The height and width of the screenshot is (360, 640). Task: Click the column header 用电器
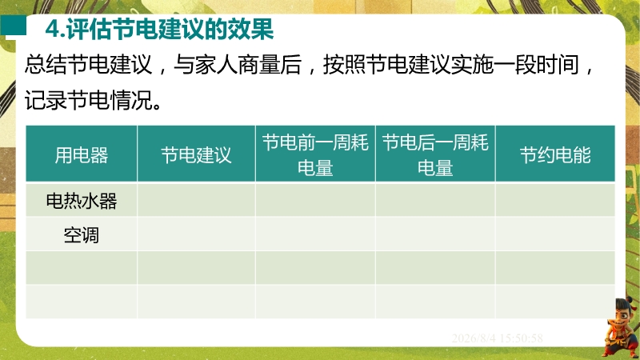coord(82,155)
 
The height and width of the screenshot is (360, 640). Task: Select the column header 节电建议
coord(196,155)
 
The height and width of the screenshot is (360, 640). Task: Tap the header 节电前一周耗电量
coord(315,155)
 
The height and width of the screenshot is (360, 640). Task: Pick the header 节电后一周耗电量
coord(435,155)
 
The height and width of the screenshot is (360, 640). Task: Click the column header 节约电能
coord(555,155)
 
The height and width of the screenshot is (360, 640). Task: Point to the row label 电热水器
coord(82,201)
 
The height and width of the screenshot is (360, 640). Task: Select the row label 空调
coord(82,235)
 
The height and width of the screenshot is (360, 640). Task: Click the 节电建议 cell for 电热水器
coord(196,200)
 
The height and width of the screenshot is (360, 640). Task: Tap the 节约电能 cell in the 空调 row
coord(555,234)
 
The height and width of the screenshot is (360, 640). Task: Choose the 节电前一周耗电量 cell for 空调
coord(315,234)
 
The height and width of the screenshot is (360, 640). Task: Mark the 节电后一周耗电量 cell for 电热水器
coord(435,200)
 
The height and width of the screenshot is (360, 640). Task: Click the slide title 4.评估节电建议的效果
coord(159,30)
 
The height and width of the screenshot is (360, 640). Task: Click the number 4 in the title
coord(52,30)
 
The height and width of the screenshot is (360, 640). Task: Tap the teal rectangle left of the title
coord(13,26)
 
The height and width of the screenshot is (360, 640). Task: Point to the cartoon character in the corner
coord(621,328)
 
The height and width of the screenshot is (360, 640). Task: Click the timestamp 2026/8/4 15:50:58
coord(497,338)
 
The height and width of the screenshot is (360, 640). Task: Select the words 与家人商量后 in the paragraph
coord(238,65)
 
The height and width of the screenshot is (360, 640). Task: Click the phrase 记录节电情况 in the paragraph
coord(89,99)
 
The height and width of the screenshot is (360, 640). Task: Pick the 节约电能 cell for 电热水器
coord(555,200)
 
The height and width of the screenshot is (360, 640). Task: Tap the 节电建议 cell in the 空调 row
coord(196,234)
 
